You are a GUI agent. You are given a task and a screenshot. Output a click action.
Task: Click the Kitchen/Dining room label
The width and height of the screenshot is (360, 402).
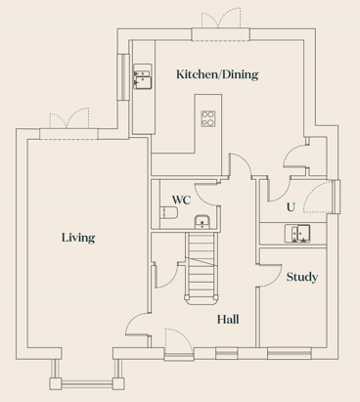tap(217, 74)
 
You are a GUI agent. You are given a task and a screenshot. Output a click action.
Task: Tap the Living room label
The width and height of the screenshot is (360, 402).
tap(78, 238)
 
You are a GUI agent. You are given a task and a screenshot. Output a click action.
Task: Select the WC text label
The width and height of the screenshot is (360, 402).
tap(181, 200)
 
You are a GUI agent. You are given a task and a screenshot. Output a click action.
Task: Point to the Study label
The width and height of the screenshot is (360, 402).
tap(302, 277)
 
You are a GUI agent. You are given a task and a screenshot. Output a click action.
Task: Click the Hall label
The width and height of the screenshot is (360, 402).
tap(228, 319)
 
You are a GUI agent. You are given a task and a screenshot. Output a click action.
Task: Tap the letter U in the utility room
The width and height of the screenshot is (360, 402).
tap(291, 207)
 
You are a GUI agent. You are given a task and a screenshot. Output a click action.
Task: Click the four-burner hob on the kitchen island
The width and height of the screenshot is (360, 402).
tap(208, 118)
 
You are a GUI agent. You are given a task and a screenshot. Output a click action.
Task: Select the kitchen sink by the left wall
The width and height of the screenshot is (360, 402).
tap(143, 76)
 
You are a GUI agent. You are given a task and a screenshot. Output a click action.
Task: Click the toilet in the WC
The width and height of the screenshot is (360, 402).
tap(169, 212)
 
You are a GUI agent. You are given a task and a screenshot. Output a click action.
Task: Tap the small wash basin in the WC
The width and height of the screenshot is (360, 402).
tap(202, 222)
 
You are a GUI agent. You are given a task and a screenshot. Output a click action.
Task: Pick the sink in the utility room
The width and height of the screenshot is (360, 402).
tap(297, 234)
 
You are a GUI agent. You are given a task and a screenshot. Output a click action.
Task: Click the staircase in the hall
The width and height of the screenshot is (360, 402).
tap(202, 268)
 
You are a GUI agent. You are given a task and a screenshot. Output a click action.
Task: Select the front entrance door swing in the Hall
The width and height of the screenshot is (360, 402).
tap(178, 341)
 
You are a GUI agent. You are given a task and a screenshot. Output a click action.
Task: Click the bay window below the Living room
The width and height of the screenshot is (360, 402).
tap(87, 375)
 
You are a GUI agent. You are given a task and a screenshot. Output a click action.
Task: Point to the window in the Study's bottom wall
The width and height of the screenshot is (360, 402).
tap(290, 353)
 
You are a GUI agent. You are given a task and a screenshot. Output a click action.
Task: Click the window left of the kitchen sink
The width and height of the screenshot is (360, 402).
tap(123, 76)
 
